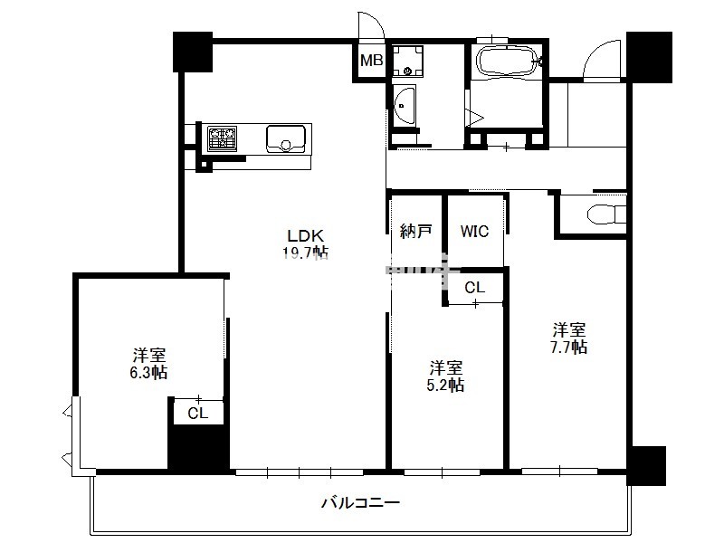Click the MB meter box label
tap(371, 60)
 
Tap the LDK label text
tap(306, 236)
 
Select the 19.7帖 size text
tap(306, 252)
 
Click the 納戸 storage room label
tap(415, 231)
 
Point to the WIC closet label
tap(474, 231)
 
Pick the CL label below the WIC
tap(474, 288)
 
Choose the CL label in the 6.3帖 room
tap(198, 414)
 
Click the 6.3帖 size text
tap(148, 372)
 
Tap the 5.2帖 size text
tap(445, 385)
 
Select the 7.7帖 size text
tap(569, 347)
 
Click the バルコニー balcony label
tap(360, 502)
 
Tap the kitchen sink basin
tap(286, 138)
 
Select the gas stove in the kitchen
tap(222, 138)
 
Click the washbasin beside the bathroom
tap(404, 105)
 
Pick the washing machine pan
tap(408, 61)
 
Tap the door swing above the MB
tap(371, 26)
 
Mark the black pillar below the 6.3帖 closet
tap(198, 448)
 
